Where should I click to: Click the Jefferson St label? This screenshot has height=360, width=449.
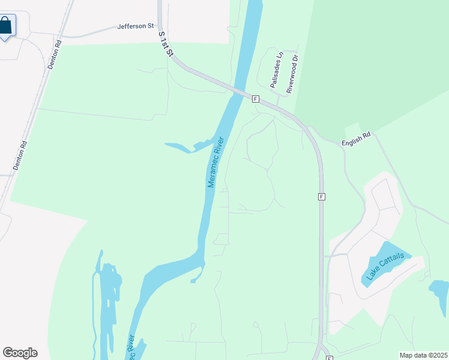[x=136, y=26]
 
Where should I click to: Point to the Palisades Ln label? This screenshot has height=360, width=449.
[x=277, y=70]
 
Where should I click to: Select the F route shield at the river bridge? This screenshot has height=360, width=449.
[x=255, y=98]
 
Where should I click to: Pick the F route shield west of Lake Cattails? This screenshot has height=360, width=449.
[x=322, y=197]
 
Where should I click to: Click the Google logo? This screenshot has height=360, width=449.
[x=20, y=352]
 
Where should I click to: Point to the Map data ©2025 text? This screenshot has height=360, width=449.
[x=423, y=355]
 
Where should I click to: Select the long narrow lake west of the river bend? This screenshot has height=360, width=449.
[x=109, y=300]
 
